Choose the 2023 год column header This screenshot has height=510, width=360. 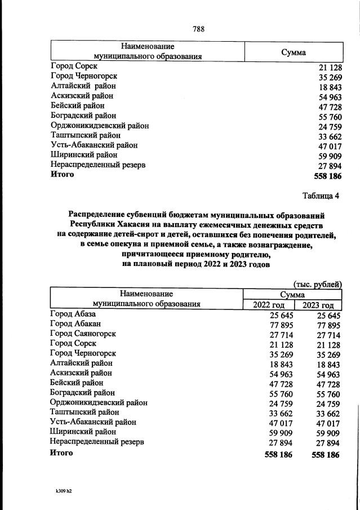click(318, 304)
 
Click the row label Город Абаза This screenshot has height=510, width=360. click(73, 314)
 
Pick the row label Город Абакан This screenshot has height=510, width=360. click(75, 323)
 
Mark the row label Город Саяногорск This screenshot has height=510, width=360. click(83, 334)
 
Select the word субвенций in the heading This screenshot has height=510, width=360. click(144, 215)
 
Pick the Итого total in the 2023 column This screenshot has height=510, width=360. click(325, 454)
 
